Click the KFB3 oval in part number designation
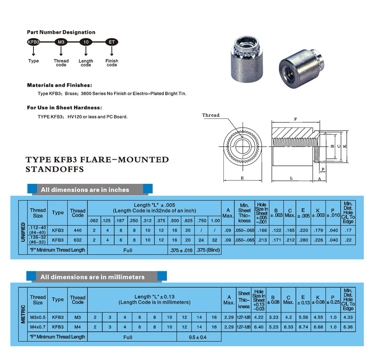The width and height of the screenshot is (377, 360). pos(33,42)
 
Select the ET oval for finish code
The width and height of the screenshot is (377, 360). pos(112,42)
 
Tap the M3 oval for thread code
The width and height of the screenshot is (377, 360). pos(61,42)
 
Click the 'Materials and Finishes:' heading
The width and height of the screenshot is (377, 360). pos(59,85)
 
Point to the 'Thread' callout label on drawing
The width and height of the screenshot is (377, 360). pos(211,115)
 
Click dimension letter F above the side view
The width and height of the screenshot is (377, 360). pos(295,119)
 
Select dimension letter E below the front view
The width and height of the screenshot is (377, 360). pos(242,179)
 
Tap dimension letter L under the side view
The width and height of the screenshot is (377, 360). pos(292,179)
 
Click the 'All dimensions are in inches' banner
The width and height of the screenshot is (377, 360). pos(85,189)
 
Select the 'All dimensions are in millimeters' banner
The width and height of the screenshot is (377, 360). pos(92,277)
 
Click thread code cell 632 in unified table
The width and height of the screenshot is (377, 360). pos(77,240)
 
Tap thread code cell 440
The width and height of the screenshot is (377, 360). pos(77,230)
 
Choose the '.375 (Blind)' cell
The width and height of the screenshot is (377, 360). pos(208,250)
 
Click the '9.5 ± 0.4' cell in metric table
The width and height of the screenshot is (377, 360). pos(198,337)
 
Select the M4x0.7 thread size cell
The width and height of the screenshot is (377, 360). pos(38,327)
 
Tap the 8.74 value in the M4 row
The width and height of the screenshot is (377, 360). pos(305,327)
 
